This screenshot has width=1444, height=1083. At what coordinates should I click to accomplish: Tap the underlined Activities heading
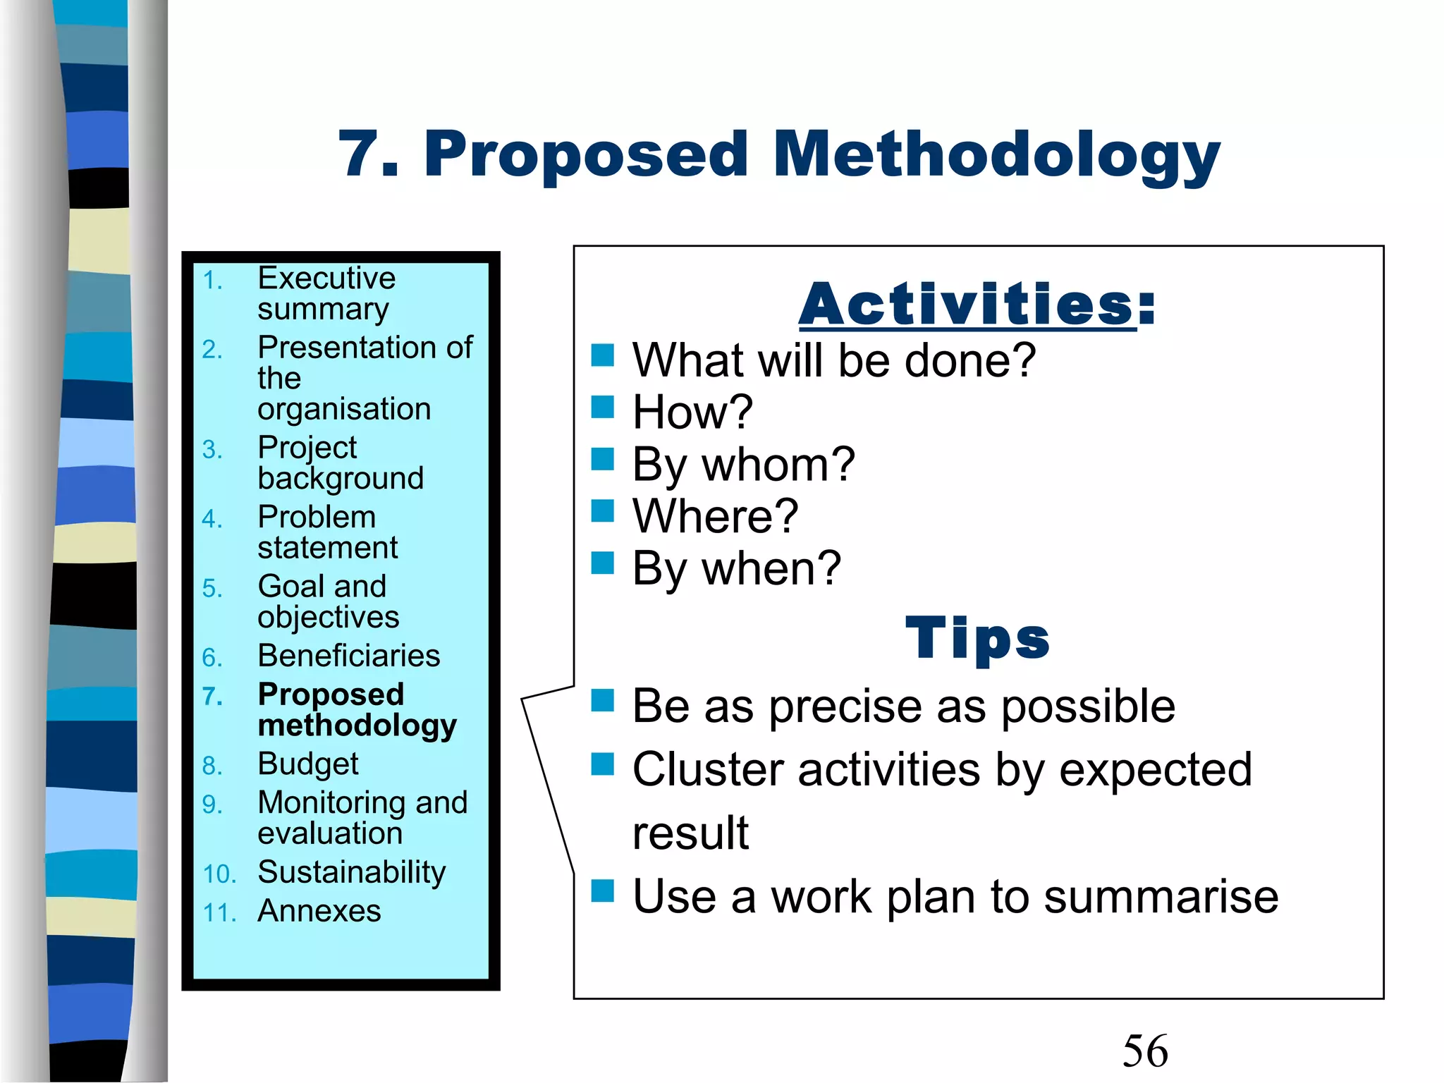[x=977, y=305]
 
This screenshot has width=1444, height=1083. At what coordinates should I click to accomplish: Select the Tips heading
[x=977, y=638]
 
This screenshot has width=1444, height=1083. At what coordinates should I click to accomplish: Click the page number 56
[x=1145, y=1051]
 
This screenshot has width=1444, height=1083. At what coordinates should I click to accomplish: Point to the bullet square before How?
[x=603, y=407]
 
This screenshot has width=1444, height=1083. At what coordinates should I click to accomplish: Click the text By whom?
[x=743, y=465]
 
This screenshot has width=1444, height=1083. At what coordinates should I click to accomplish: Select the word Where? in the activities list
[x=715, y=516]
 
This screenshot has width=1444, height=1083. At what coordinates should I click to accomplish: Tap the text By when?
[x=736, y=568]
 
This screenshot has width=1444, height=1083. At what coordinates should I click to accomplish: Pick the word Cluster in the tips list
[x=707, y=769]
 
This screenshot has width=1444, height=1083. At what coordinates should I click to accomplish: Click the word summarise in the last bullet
[x=1161, y=897]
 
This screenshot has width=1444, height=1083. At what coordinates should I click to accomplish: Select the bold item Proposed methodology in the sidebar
[x=356, y=709]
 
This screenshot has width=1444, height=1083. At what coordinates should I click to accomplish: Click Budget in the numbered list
[x=308, y=764]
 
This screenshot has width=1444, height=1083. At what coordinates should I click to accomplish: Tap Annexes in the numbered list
[x=319, y=911]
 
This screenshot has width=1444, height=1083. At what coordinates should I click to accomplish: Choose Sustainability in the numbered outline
[x=351, y=873]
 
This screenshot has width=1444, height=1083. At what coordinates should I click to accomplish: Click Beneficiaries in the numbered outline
[x=348, y=656]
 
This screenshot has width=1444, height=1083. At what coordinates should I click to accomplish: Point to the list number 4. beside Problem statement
[x=212, y=520]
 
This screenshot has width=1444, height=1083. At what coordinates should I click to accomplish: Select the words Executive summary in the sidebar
[x=326, y=293]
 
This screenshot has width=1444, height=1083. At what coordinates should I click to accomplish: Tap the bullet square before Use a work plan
[x=603, y=891]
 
